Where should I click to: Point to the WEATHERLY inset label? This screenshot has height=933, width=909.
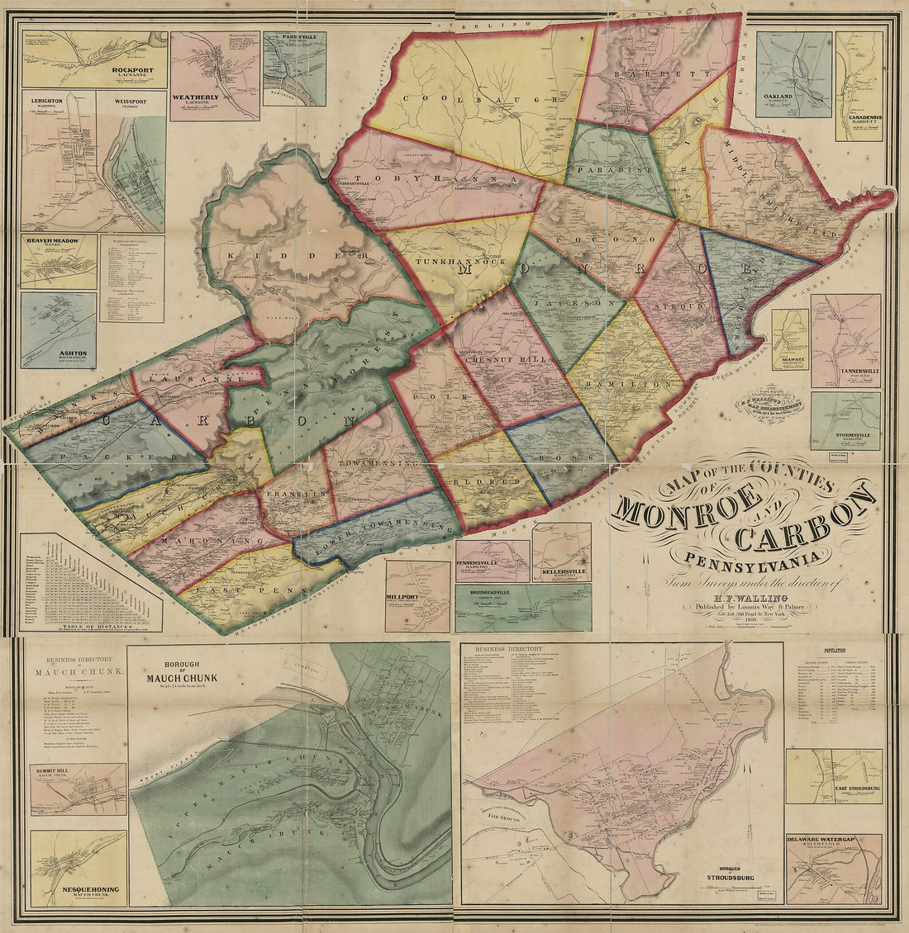point(195,97)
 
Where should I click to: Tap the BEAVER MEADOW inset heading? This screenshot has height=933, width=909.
point(52,240)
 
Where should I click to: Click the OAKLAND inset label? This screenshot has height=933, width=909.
point(778,97)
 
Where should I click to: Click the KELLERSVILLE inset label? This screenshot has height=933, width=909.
point(562,571)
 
